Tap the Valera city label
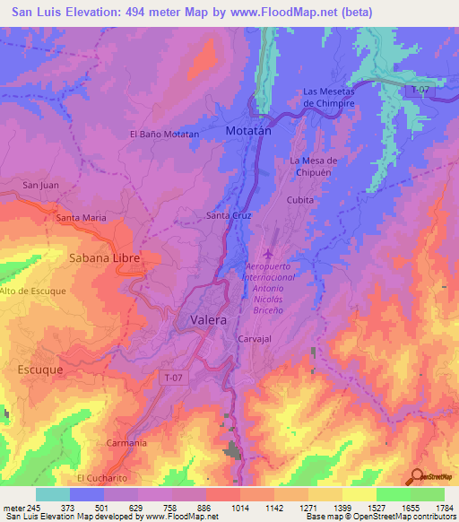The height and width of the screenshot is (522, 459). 208,319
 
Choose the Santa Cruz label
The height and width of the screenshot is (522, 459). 229,216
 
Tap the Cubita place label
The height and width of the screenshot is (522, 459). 299,201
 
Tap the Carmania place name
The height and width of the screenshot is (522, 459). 126,443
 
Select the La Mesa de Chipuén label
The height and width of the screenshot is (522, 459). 313,166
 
